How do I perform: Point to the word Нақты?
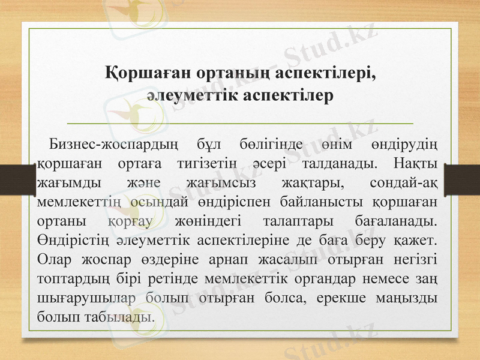point(415,164)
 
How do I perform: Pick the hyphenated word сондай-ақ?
point(403,183)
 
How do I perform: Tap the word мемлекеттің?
point(80,202)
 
